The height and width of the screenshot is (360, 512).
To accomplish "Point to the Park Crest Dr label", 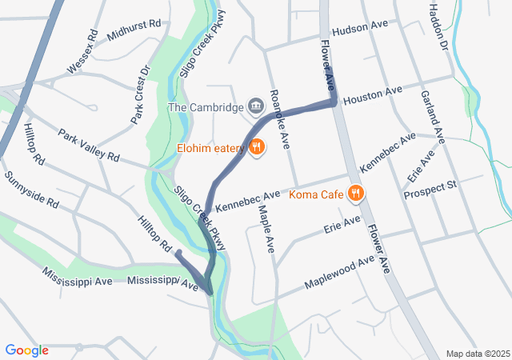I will [x=141, y=94].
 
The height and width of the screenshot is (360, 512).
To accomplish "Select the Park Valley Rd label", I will [x=88, y=143].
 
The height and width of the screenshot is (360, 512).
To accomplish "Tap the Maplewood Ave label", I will [x=339, y=273].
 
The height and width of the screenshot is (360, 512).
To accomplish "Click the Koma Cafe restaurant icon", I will [x=357, y=194].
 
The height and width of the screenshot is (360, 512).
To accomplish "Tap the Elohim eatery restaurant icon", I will [x=257, y=146].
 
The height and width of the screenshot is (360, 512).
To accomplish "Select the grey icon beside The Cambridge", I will [x=256, y=106].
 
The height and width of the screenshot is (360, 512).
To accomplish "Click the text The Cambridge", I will [x=206, y=107].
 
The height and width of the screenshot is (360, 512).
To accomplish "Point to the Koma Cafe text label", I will [x=316, y=194].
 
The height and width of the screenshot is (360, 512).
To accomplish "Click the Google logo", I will [x=26, y=350].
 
